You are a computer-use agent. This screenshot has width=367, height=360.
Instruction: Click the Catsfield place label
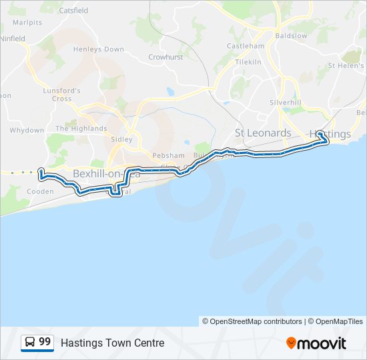[x=73, y=11]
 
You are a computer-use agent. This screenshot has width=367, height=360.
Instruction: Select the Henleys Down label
[x=99, y=49]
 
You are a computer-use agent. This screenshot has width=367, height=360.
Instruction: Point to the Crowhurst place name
[x=165, y=57]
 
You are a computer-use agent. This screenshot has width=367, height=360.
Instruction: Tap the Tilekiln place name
[x=248, y=61]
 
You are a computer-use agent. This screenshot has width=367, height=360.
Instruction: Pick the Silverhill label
[x=286, y=102]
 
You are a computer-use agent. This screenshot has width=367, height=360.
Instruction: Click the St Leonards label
[x=264, y=133]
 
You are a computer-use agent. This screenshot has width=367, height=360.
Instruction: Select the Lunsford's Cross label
[x=62, y=95]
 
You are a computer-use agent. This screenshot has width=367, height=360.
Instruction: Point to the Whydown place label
[x=27, y=130]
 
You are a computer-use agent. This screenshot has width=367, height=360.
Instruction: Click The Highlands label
[x=81, y=128]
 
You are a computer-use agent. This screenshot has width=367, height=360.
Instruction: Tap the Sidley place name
[x=121, y=139]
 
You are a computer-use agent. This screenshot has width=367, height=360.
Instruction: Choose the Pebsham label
[x=168, y=155]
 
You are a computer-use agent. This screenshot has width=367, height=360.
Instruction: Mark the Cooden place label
[x=41, y=191]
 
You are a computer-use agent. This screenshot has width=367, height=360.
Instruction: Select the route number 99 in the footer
[x=45, y=342]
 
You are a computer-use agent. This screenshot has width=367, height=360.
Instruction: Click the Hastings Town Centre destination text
[x=112, y=343]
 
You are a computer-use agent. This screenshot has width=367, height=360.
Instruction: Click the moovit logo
[x=316, y=343]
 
